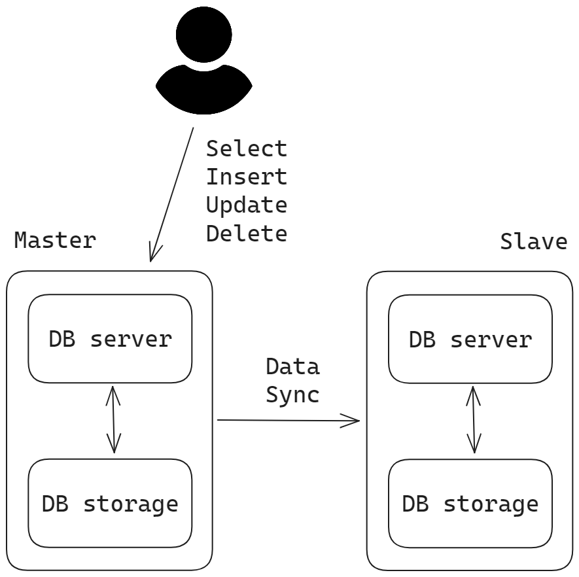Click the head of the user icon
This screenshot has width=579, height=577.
204,34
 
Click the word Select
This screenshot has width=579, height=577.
247,149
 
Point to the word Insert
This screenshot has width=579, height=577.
247,177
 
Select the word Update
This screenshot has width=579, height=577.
247,205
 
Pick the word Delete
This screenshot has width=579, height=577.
247,234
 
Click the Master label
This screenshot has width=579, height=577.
55,240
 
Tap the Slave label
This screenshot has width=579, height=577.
534,242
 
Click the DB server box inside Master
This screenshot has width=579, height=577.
110,338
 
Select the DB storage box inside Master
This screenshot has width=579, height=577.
110,503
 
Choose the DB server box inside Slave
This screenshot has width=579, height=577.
470,339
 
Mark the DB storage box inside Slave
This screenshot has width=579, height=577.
470,504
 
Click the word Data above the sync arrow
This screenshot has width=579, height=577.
293,366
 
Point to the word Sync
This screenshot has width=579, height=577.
293,395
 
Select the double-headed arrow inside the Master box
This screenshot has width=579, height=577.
113,420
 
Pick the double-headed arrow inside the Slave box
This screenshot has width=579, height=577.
474,420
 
